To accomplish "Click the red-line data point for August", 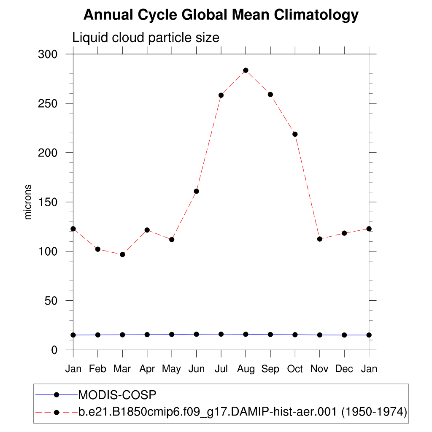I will tap(246, 70).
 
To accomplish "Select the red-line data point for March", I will tap(122, 254).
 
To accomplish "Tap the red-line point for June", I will tap(196, 191).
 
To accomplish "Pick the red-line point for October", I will tap(295, 134).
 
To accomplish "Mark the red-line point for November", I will tap(320, 239).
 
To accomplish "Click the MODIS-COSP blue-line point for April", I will tap(147, 335).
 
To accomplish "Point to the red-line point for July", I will tap(221, 95).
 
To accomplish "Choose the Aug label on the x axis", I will tap(246, 369).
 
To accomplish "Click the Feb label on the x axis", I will tap(97, 369).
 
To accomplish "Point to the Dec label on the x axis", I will tap(344, 369).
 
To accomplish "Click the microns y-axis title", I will tap(28, 202).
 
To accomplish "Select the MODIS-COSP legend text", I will tap(117, 395).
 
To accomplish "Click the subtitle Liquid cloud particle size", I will tap(146, 38).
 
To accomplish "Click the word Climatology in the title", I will tap(316, 15).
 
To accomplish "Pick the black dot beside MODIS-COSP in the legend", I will tap(56, 394).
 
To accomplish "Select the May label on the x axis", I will tap(172, 369).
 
